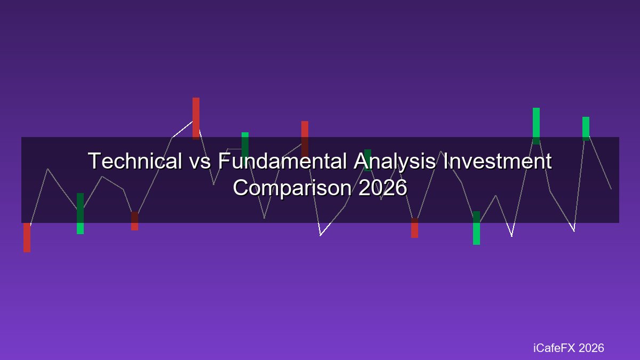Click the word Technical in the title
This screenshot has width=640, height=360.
[x=135, y=161]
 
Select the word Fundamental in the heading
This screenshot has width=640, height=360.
[x=282, y=161]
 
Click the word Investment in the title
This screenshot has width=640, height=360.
[x=498, y=161]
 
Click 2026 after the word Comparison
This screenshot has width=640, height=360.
[x=382, y=188]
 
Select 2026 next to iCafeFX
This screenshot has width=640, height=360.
[x=591, y=348]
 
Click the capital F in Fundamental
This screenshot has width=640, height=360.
[x=223, y=161]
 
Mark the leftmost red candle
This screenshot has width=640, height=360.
[x=27, y=237]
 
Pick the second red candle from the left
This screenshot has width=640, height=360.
[x=134, y=221]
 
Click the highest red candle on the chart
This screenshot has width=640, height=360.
[x=196, y=118]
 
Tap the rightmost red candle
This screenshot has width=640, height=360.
[x=414, y=228]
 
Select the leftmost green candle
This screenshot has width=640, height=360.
[x=81, y=213]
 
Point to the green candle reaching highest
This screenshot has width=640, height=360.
[x=537, y=126]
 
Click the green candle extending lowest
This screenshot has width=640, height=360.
[x=477, y=228]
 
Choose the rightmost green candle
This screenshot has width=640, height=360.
[x=586, y=129]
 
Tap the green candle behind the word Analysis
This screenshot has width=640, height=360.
[x=367, y=161]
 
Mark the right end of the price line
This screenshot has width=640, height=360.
[x=611, y=189]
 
